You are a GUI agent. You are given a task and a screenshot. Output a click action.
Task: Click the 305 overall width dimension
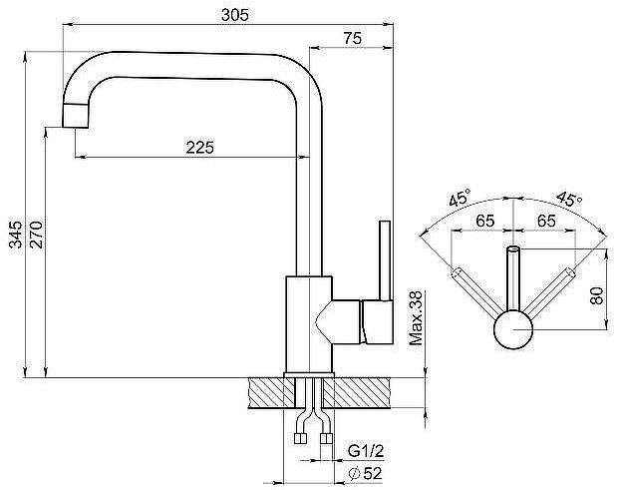pos(232,14)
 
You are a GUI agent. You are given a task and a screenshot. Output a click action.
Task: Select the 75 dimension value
pos(350,38)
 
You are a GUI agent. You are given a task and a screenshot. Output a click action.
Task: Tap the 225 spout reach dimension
pos(200,147)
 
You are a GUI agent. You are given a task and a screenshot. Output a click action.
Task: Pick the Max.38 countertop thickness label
pos(418,317)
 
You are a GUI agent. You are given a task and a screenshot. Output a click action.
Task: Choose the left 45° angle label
pos(460,198)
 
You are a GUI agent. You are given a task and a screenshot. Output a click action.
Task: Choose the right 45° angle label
pos(569,198)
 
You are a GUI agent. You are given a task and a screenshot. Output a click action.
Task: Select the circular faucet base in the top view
pos(514,328)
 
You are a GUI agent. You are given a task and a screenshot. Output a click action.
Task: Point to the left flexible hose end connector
pos(302,436)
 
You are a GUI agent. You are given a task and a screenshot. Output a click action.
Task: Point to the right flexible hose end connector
pos(328,436)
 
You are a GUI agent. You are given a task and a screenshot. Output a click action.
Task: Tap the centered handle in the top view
pos(514,279)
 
